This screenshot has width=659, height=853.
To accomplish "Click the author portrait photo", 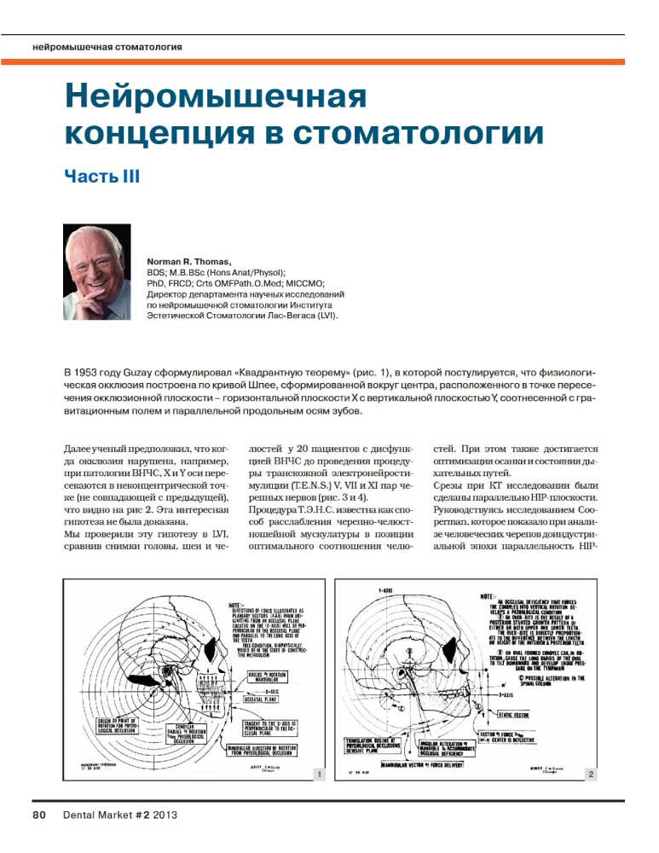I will coord(97,272).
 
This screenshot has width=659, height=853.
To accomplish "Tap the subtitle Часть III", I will coord(101,177).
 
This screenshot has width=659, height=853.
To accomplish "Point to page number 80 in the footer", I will coord(39,815).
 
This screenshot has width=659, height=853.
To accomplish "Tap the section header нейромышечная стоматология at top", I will coord(106,45).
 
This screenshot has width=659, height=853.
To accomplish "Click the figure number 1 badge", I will coord(318,774).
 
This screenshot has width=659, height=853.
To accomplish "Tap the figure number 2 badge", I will coord(589,774).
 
